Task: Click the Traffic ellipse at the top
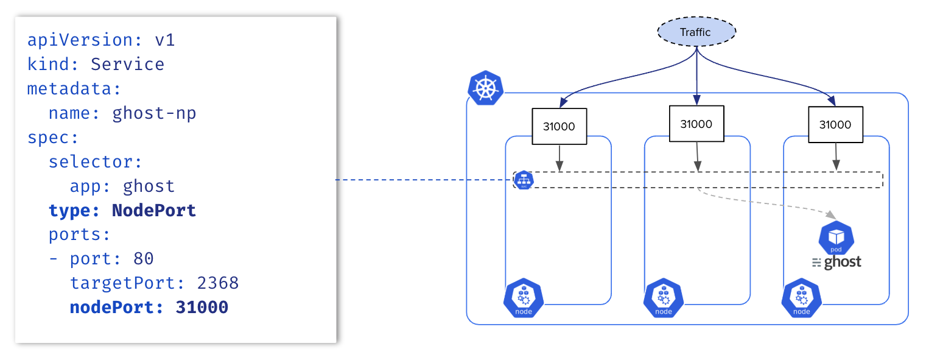[x=695, y=32]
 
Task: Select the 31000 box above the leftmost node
[x=559, y=126]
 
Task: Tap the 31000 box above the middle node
[x=696, y=124]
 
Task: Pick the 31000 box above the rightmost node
[x=835, y=124]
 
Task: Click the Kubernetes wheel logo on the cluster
[x=485, y=88]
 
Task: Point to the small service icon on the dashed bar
[x=524, y=180]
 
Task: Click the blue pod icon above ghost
[x=837, y=239]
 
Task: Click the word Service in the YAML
[x=127, y=65]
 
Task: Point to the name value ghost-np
[x=154, y=113]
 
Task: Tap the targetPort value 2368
[x=217, y=283]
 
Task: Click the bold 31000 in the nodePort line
[x=202, y=308]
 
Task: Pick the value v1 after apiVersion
[x=164, y=40]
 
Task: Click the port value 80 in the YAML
[x=143, y=259]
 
